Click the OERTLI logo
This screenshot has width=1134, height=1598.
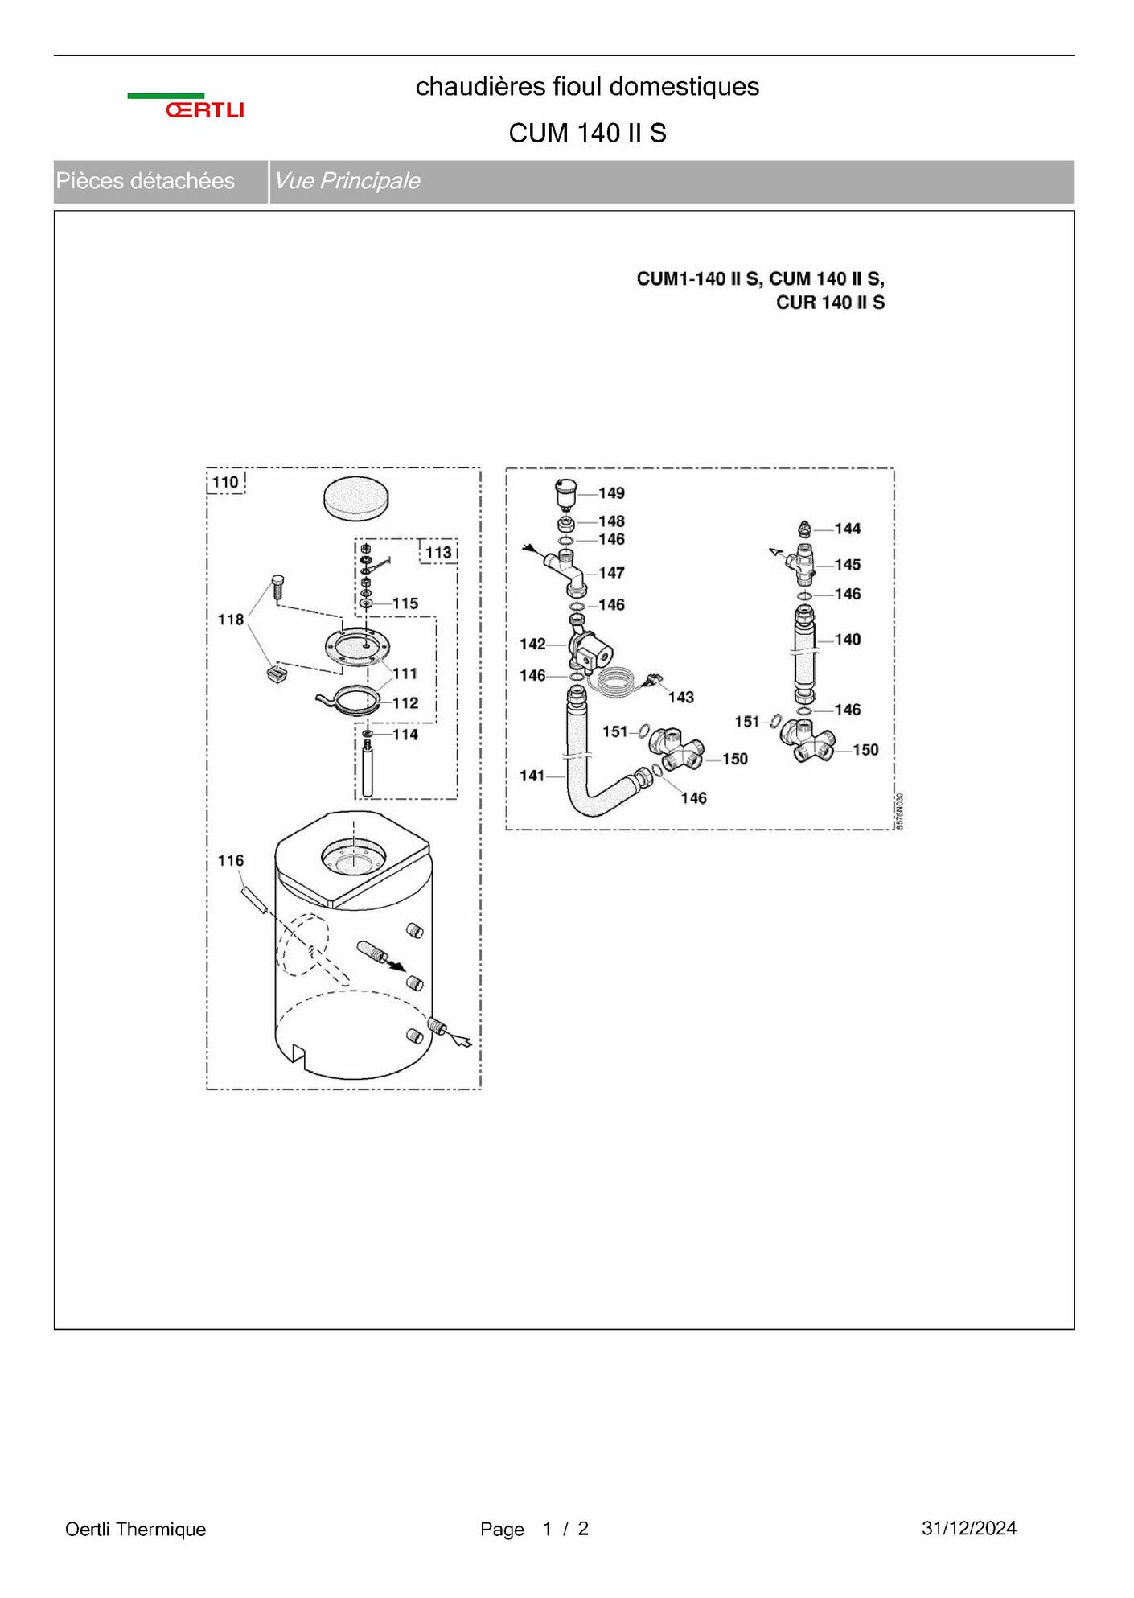tap(186, 106)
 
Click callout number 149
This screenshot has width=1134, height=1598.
tap(611, 493)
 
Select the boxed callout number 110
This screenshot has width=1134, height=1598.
tap(225, 482)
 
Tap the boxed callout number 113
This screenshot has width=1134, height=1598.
tap(438, 553)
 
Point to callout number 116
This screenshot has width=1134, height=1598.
tap(231, 861)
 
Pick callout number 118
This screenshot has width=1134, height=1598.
tap(231, 620)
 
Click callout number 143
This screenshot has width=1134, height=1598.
tap(680, 698)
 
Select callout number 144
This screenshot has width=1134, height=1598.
tap(848, 529)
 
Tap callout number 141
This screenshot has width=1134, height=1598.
tap(532, 776)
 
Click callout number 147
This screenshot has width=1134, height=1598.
tap(611, 573)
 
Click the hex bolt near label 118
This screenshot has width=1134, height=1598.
tap(277, 587)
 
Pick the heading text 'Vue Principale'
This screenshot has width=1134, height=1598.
tap(347, 181)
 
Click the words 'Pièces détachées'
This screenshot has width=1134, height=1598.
tap(146, 181)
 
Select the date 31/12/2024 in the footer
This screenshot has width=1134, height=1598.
tap(969, 1528)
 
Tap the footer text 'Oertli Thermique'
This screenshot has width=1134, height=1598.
tap(136, 1529)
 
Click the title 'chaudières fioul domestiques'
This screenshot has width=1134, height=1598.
tap(587, 87)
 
